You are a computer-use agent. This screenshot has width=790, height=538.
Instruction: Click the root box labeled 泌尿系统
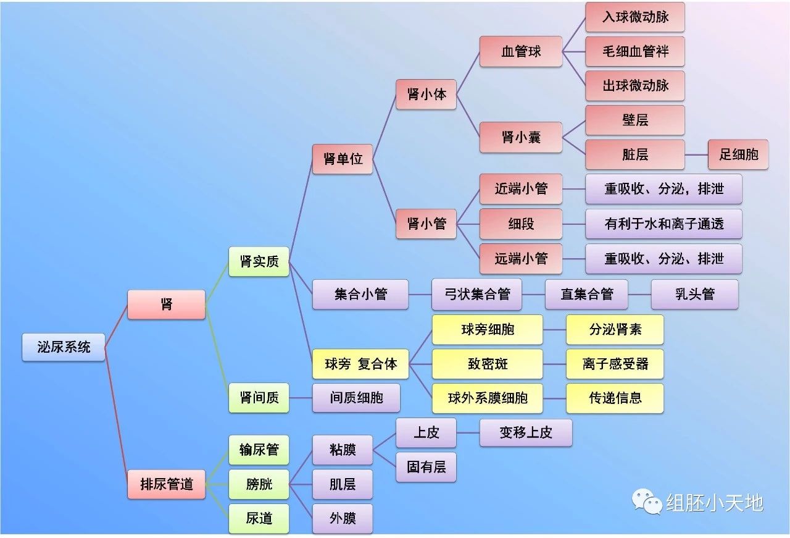64,347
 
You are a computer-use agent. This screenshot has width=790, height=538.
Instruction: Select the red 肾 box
166,305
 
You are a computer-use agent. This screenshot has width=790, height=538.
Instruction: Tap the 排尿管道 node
166,484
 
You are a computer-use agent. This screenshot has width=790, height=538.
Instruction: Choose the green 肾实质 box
259,261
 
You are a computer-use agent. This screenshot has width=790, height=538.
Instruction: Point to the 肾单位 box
343,159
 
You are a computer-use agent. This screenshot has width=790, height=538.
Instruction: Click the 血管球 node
521,51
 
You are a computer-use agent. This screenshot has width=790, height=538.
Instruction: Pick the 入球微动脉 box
635,17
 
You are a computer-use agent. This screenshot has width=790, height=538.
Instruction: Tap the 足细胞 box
738,154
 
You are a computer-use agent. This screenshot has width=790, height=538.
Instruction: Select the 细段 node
521,224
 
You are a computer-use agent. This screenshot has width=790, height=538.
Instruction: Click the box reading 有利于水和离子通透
663,224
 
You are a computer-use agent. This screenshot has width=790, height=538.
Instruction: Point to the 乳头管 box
694,295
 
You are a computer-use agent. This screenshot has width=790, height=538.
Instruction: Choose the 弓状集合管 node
477,295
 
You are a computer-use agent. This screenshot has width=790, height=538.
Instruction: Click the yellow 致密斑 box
488,364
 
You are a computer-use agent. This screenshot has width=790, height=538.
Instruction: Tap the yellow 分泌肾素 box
615,329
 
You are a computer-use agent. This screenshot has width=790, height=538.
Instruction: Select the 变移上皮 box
526,432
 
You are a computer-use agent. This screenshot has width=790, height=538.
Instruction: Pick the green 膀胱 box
259,484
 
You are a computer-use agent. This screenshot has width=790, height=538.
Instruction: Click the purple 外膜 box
343,518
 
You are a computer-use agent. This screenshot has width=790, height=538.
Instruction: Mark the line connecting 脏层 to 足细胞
697,154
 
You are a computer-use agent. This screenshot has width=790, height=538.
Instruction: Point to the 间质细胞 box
356,398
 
